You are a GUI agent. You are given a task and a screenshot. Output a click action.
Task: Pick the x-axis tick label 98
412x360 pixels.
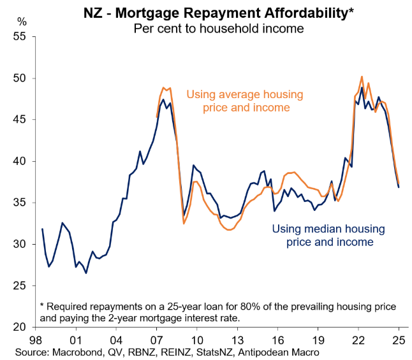tap(37, 339)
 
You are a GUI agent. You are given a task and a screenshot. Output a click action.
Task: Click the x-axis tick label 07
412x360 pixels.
tap(156, 339)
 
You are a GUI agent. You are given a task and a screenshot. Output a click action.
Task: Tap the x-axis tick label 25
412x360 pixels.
tap(398, 339)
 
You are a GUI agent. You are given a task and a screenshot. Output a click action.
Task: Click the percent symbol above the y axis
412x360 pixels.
tap(22, 22)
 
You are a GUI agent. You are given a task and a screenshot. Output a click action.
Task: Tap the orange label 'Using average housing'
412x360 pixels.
tap(245, 94)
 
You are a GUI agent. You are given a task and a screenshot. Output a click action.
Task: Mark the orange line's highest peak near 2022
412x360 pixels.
tap(362, 76)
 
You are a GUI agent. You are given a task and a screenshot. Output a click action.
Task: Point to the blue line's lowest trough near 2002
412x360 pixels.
tap(86, 273)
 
